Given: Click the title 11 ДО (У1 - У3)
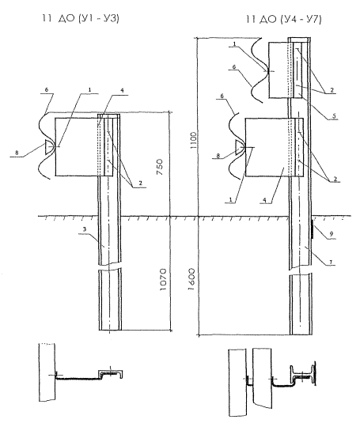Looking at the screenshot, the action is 81,18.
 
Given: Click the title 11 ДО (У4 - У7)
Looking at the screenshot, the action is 284,19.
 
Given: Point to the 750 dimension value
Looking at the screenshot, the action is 160,167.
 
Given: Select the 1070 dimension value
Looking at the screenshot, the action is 163,280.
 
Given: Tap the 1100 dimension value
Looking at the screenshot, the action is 194,140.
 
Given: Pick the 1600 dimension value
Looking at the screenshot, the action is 191,279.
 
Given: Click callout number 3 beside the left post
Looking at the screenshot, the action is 85,229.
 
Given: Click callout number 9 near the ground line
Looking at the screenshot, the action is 331,234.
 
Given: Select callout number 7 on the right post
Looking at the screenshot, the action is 331,262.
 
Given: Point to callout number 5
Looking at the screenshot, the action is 334,115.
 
